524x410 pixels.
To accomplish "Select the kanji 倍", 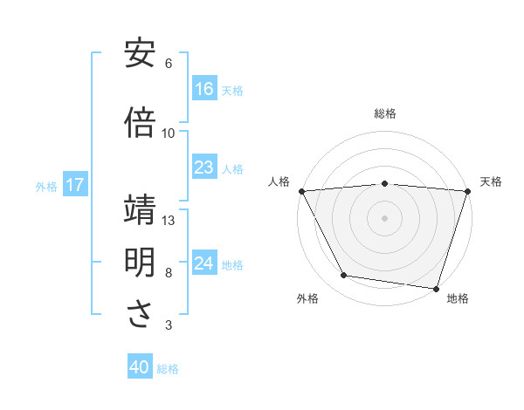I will tap(140, 123).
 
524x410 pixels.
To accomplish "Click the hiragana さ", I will tap(140, 316).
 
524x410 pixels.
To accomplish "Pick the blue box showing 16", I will tap(203, 89).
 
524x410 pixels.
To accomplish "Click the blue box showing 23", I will tap(203, 168).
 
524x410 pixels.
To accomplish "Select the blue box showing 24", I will tap(203, 264).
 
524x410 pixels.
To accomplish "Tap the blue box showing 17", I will tap(74, 185).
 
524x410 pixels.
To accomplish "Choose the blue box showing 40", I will tap(140, 368).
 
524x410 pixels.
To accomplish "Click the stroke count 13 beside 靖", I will tap(169, 221).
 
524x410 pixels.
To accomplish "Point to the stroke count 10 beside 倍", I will tap(169, 133).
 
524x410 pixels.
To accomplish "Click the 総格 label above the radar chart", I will tap(384, 113).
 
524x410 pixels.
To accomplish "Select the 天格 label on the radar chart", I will tap(491, 181).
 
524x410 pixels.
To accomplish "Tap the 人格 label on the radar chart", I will tap(279, 181).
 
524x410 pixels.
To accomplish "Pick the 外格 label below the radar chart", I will tap(307, 298).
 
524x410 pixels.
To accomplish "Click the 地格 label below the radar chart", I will tap(458, 298).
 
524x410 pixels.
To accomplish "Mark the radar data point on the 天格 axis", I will tap(467, 191).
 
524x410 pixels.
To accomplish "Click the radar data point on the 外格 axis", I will tap(344, 276).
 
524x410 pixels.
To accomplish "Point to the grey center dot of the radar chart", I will tap(384, 217).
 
